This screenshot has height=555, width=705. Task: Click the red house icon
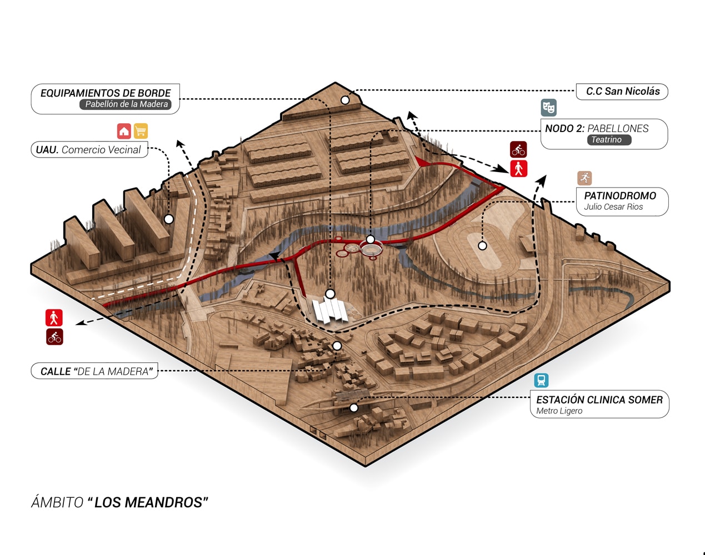tap(124, 131)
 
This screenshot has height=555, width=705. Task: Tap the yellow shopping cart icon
tap(141, 131)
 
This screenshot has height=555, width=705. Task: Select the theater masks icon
tap(548, 107)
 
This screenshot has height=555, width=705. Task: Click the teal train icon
tap(541, 380)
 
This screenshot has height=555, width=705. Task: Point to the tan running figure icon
tap(584, 178)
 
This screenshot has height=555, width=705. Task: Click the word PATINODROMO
tap(620, 195)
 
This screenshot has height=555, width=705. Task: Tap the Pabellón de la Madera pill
tap(127, 104)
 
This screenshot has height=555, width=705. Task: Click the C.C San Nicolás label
tap(623, 92)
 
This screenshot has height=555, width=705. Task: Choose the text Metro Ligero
tap(559, 411)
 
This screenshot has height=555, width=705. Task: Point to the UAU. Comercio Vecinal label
tap(88, 150)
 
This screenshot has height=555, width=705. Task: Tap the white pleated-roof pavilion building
tap(330, 311)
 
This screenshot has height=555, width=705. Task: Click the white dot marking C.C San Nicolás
tap(345, 100)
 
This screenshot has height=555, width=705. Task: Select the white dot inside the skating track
tap(482, 245)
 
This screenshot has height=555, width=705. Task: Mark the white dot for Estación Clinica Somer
tap(354, 408)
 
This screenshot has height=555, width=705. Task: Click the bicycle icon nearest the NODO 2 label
tap(518, 149)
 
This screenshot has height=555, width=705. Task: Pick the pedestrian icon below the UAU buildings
tap(54, 317)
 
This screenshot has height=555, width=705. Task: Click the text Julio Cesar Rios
tap(613, 207)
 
